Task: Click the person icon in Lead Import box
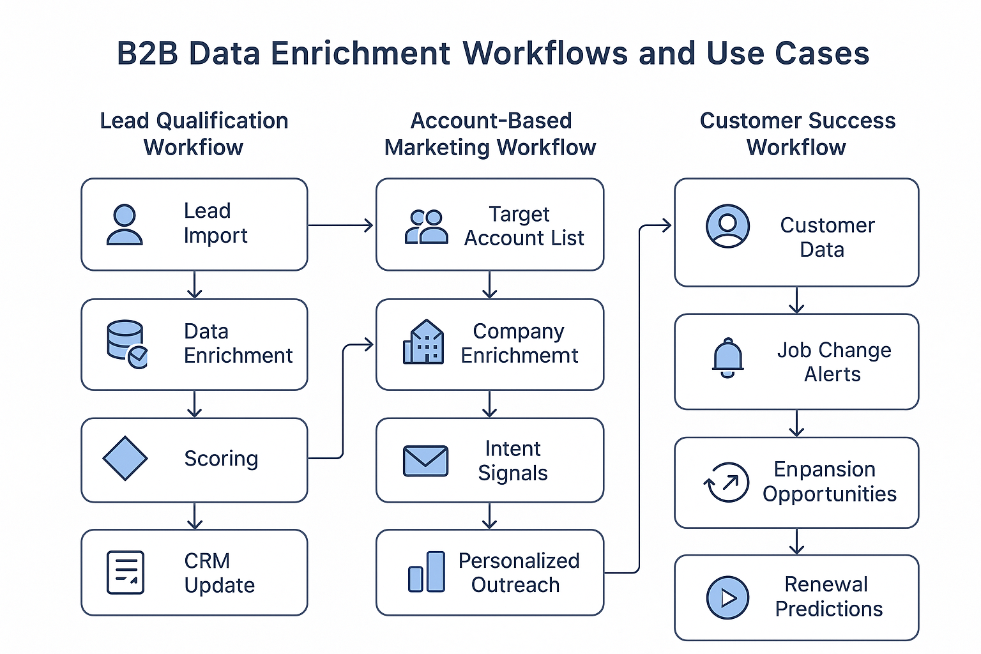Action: click(125, 225)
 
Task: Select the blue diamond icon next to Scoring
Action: click(125, 458)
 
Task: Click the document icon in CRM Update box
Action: click(125, 572)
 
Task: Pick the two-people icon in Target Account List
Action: click(426, 227)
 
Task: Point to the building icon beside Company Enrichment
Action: click(423, 342)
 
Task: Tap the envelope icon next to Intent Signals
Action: click(425, 460)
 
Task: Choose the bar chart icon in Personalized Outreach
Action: click(427, 572)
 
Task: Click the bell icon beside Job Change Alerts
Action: click(727, 358)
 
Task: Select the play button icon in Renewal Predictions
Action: click(727, 598)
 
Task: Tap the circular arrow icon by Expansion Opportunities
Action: click(726, 482)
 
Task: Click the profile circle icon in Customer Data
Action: click(727, 226)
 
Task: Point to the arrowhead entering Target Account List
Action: click(369, 225)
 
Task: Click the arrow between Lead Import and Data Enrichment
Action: click(195, 285)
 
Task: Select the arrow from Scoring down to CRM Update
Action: click(195, 516)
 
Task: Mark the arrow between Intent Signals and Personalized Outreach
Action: click(490, 516)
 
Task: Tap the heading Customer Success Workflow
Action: click(797, 133)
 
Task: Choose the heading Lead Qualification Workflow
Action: click(194, 133)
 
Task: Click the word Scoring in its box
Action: click(221, 459)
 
